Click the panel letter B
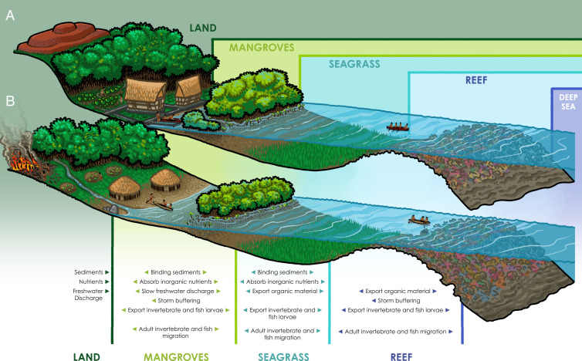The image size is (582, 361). pos(10,101)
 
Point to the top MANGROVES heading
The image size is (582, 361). pos(262,48)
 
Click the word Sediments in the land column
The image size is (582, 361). pos(89,272)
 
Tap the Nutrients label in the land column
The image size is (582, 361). pos(90,282)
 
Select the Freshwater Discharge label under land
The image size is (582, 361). pos(88,295)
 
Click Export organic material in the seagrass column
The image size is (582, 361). pos(283,291)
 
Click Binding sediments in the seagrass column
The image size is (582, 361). pos(283,272)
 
